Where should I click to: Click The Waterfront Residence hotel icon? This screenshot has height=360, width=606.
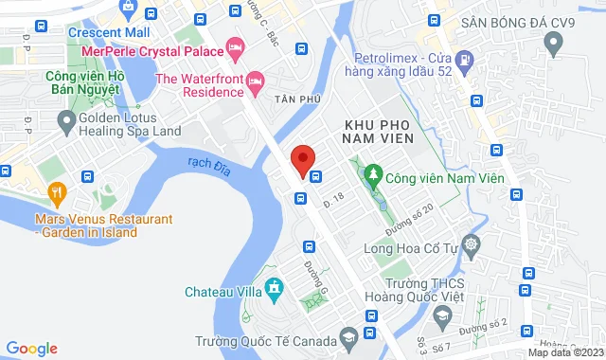pos(254,86)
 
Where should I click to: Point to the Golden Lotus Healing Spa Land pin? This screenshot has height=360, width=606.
pos(66,119)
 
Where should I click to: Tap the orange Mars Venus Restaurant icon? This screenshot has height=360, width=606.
pos(57,194)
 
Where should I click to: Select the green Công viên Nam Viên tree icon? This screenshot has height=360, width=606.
pos(374,175)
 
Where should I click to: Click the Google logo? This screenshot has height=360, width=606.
pos(31,349)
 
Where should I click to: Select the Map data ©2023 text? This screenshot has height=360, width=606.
pos(564,352)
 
